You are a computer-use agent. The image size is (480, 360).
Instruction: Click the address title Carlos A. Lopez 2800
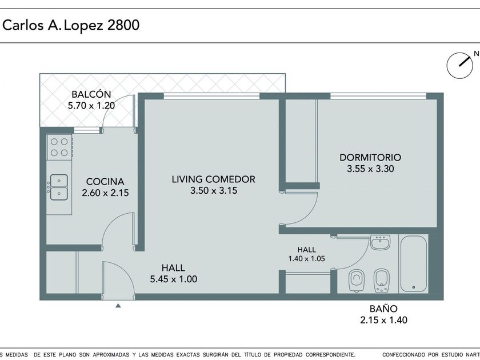point(71,25)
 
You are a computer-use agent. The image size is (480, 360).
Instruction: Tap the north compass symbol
point(460,66)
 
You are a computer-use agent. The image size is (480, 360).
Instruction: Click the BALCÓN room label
point(91,94)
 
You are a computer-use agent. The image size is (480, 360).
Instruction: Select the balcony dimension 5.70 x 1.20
point(91,106)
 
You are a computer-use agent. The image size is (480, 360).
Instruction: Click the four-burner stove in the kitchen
point(59,147)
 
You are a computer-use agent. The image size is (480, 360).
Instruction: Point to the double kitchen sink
point(59,187)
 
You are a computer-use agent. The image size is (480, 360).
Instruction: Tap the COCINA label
point(105,182)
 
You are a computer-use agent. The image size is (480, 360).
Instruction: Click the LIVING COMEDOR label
point(213,179)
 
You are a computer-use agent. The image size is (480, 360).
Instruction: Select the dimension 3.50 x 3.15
point(214,190)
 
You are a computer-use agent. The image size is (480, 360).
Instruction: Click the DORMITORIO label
point(370,157)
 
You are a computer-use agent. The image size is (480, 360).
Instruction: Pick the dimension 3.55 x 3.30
point(370,169)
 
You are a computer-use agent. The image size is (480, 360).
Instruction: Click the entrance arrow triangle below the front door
point(118,305)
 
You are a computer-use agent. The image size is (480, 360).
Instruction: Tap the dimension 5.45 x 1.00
point(174,279)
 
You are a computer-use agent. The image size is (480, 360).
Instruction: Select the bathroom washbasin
point(380,242)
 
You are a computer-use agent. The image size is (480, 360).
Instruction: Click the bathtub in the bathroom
point(414,263)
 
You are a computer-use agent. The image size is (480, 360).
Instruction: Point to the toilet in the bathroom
point(357,280)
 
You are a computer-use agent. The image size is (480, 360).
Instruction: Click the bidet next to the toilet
point(382,281)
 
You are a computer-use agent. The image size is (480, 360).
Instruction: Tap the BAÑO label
point(383,309)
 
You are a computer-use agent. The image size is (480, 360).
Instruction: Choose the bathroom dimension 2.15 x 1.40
point(383,320)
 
